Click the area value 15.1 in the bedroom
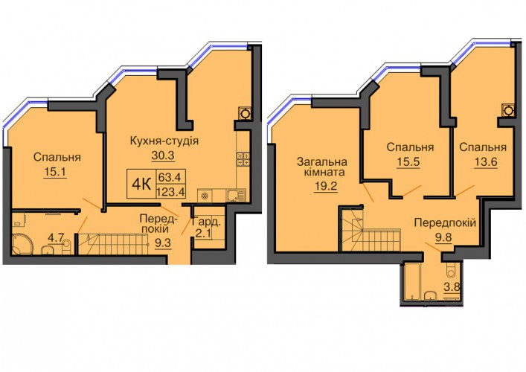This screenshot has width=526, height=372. [55, 172]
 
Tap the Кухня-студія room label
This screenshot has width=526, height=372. [164, 141]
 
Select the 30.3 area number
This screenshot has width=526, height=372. [163, 155]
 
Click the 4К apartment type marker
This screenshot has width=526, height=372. [141, 184]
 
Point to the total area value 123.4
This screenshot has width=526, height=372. [171, 192]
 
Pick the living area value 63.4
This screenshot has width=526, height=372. [170, 176]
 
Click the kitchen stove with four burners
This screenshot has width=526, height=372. [243, 158]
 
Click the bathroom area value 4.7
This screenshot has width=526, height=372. [56, 238]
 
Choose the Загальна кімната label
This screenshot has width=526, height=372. [322, 167]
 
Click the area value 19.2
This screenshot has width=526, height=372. [325, 185]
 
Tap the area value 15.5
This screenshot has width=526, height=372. [408, 161]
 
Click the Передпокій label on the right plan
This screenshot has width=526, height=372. [445, 222]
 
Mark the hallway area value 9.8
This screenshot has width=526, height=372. [443, 237]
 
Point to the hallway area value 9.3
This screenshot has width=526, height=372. [163, 243]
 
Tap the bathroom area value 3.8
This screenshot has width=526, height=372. [452, 287]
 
